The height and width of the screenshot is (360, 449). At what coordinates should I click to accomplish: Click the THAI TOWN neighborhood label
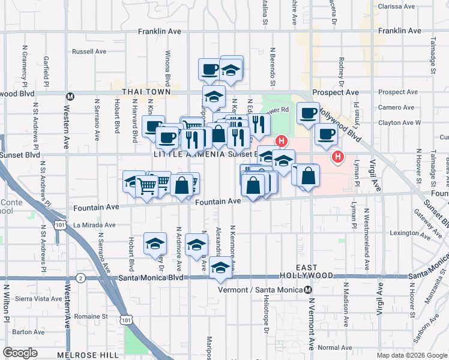coord(146,92)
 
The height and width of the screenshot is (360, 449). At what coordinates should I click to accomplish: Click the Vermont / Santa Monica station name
coord(263,289)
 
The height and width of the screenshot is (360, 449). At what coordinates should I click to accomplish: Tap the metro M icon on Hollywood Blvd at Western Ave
coord(70,96)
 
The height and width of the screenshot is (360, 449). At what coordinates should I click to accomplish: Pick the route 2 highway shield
coord(80,277)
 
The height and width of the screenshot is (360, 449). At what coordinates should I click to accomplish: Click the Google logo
coord(20,353)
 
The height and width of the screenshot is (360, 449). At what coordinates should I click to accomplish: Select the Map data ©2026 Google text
coord(411,355)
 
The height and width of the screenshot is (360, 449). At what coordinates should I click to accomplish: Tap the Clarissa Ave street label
coord(397,7)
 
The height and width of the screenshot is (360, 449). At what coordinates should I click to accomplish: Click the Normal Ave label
coord(335,347)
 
